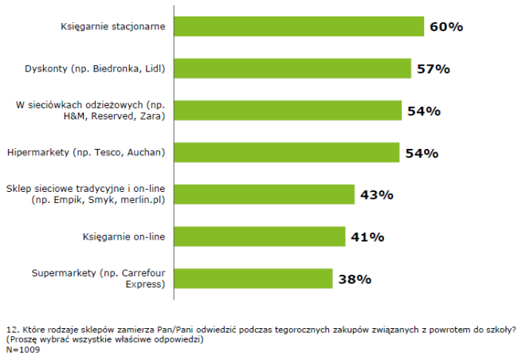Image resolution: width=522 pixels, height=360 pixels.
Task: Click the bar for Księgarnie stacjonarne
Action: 299,26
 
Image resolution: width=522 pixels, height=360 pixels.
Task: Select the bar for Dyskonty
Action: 292,68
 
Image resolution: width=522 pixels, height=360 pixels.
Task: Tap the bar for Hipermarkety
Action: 286,152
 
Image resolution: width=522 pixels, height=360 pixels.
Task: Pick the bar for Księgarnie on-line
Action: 259,236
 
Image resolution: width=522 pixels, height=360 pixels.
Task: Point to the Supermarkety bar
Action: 253,278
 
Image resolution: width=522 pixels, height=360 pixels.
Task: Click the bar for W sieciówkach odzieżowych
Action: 286,110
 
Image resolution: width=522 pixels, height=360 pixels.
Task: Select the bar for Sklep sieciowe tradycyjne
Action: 264,194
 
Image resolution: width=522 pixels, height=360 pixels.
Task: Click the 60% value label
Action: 446,27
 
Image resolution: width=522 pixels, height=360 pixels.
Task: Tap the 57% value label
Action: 434,69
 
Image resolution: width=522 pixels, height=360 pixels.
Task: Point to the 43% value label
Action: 377,195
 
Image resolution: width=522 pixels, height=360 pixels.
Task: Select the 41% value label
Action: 367,237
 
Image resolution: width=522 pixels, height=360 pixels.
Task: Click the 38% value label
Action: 355,279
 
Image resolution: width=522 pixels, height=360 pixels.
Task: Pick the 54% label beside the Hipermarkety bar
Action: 422,153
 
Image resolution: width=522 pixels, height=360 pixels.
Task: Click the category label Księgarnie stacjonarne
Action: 113,26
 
